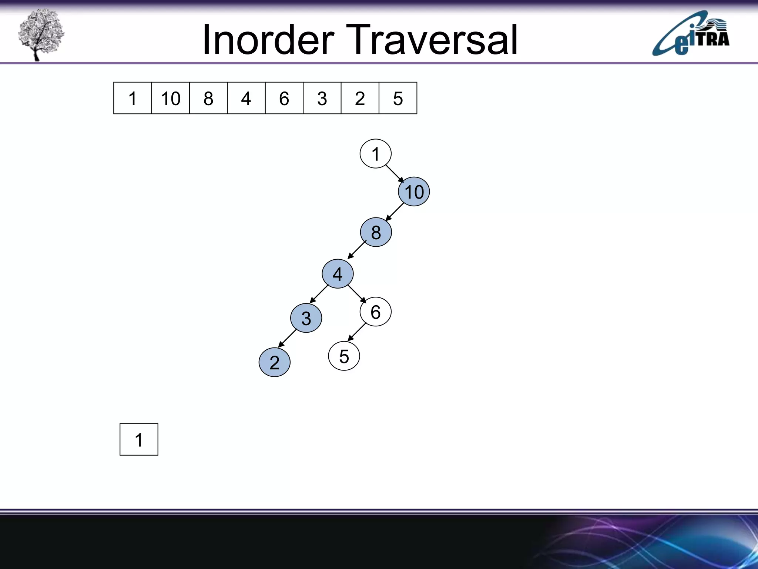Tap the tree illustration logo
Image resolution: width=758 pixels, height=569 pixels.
(x=41, y=34)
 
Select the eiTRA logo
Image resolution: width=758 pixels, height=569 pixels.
(x=691, y=34)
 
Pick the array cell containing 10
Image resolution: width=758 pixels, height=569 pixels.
(x=170, y=98)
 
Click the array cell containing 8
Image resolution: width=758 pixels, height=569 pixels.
(x=208, y=98)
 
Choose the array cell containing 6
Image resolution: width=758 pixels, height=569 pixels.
(x=284, y=98)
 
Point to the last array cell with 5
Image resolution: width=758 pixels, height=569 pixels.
(x=398, y=98)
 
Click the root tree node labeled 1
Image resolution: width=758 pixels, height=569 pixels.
(x=375, y=154)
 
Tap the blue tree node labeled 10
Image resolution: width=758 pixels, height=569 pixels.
(x=414, y=192)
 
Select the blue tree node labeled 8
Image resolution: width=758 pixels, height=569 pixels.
(x=376, y=232)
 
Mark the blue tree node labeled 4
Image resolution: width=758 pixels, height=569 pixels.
(x=338, y=274)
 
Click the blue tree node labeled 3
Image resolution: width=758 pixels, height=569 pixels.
(x=306, y=318)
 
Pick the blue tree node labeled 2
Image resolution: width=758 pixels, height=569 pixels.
(x=274, y=362)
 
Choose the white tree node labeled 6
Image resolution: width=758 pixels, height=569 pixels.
(x=375, y=312)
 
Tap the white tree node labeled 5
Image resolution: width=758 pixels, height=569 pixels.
(x=344, y=356)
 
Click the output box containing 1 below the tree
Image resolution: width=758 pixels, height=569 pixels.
(x=139, y=439)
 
